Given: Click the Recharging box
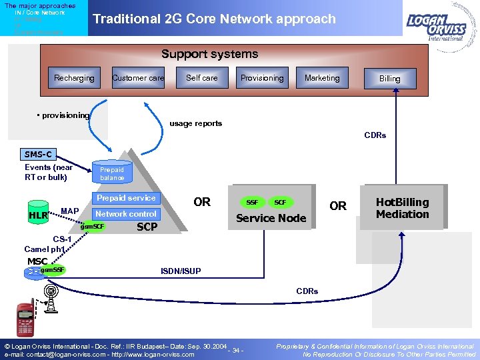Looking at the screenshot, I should [x=74, y=78].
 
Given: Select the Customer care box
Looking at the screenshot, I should [x=138, y=78].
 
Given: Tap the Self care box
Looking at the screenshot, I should [x=201, y=78].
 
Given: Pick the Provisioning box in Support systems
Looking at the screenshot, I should [x=262, y=78].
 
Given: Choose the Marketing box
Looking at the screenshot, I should [x=322, y=78].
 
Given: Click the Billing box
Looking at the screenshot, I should [x=390, y=79].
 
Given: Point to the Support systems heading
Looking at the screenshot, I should [x=209, y=54].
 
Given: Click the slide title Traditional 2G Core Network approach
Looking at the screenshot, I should [x=214, y=19].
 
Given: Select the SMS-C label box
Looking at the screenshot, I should [x=38, y=154].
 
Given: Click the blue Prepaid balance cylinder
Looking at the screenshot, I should [x=112, y=173].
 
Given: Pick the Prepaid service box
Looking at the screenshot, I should [x=126, y=198].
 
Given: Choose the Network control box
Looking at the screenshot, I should [x=126, y=214].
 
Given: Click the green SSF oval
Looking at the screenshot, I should [x=252, y=202].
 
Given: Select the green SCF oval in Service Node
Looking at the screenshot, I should [x=281, y=202].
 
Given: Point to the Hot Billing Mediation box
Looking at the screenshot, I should [x=402, y=208].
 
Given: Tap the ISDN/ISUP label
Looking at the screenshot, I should [x=179, y=271].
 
